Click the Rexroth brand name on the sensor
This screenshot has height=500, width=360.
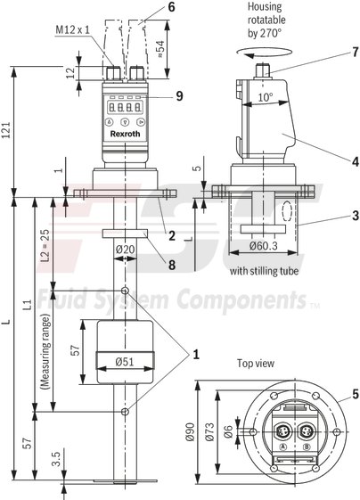125,134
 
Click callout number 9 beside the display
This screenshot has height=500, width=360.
178,95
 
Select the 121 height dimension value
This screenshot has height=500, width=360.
8,131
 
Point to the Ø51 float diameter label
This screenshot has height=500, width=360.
125,363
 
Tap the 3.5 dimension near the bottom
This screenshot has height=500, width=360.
56,461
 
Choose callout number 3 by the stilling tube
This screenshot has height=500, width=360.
354,216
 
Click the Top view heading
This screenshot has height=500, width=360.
257,364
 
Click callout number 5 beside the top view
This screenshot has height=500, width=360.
354,393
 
